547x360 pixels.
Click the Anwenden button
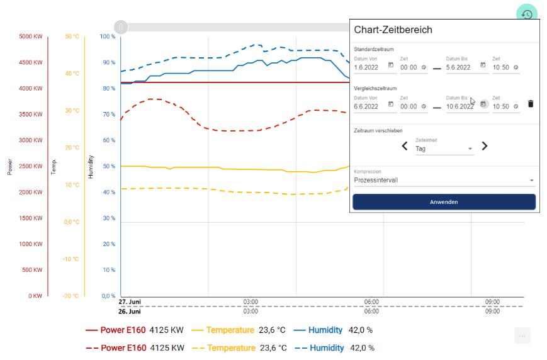pyautogui.click(x=444, y=202)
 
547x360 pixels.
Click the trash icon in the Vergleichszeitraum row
pyautogui.click(x=530, y=104)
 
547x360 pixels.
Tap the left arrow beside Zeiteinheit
pyautogui.click(x=405, y=146)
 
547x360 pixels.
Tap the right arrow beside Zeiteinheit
pyautogui.click(x=485, y=146)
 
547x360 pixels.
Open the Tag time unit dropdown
pyautogui.click(x=444, y=149)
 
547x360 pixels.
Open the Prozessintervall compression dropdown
pyautogui.click(x=444, y=181)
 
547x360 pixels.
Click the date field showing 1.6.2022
pyautogui.click(x=369, y=67)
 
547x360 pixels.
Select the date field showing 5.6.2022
pyautogui.click(x=461, y=67)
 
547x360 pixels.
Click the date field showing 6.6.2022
pyautogui.click(x=369, y=106)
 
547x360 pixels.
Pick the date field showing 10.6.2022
pyautogui.click(x=461, y=106)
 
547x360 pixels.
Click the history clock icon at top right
pyautogui.click(x=526, y=14)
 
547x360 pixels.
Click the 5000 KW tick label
pyautogui.click(x=30, y=37)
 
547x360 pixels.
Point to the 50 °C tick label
pyautogui.click(x=72, y=37)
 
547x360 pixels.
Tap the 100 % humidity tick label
pyautogui.click(x=108, y=37)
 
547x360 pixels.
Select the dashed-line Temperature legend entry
pyautogui.click(x=230, y=348)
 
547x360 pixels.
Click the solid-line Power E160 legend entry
pyautogui.click(x=123, y=330)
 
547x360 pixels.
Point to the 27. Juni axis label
pyautogui.click(x=130, y=301)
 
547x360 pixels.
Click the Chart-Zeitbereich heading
pyautogui.click(x=393, y=30)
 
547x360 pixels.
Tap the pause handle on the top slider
pyautogui.click(x=121, y=27)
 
